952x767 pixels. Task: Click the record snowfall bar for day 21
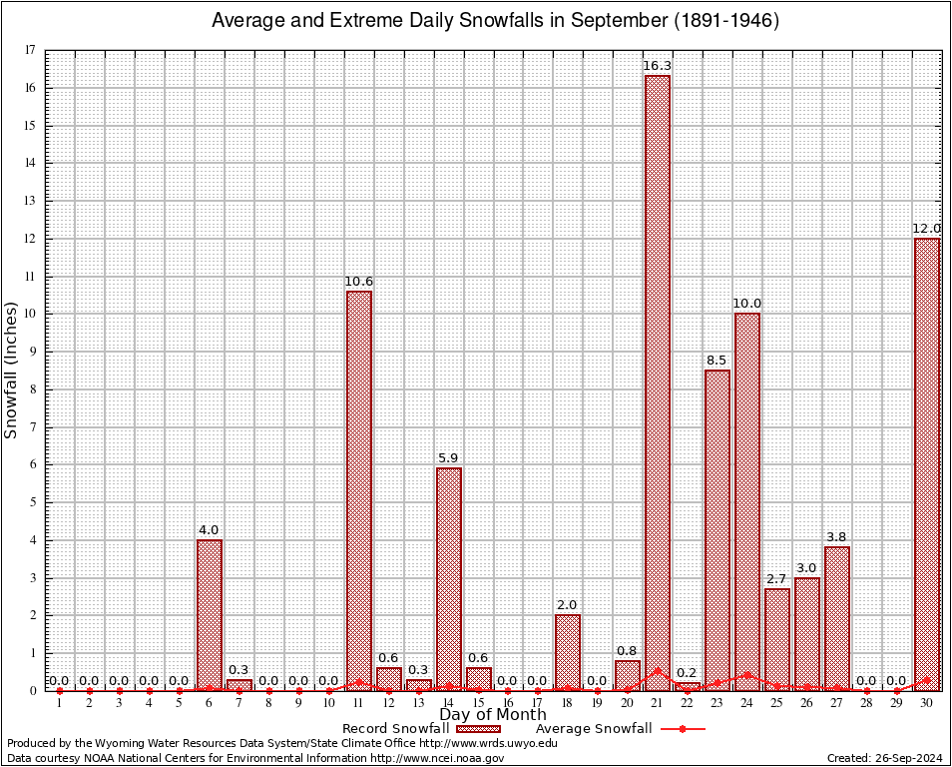(658, 380)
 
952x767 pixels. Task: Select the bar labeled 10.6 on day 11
(358, 489)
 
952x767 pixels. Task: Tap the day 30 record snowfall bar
(927, 464)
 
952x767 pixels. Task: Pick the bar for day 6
(210, 614)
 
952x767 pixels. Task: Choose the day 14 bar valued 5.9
(448, 579)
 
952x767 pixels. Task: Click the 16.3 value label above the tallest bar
(658, 66)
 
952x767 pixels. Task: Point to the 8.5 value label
(716, 361)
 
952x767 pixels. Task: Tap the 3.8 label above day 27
(837, 537)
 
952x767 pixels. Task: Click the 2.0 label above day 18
(568, 605)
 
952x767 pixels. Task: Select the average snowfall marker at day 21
(658, 671)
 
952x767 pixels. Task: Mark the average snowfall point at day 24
(747, 674)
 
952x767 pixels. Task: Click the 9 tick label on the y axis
(33, 352)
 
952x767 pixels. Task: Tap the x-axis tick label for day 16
(508, 704)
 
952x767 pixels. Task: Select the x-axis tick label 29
(897, 704)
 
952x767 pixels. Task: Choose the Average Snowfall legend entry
(594, 729)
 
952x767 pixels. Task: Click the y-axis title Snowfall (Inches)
(12, 370)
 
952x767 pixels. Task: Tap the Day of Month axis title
(493, 715)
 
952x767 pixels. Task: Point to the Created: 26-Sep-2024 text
(884, 758)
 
